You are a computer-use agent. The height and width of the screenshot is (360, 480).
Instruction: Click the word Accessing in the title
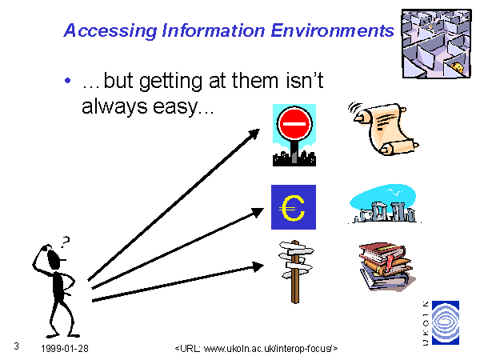(110, 31)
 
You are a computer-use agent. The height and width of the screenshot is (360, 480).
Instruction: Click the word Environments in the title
(333, 30)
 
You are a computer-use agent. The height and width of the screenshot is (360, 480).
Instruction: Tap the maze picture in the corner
(437, 43)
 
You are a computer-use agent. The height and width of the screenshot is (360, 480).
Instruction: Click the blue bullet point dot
(68, 81)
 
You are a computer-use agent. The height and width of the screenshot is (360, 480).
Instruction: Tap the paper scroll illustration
(384, 129)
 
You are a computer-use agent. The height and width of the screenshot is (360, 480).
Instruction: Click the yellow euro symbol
(292, 208)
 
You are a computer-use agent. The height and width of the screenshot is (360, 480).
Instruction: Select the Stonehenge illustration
(383, 204)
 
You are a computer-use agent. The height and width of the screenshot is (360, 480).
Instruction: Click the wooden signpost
(295, 271)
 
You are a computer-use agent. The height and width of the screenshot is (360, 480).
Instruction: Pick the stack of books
(387, 266)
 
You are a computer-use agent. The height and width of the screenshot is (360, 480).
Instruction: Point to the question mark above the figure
(65, 242)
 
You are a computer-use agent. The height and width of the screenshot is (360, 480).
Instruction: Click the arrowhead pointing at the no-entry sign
(254, 134)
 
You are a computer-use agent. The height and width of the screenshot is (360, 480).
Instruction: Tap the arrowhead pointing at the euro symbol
(257, 213)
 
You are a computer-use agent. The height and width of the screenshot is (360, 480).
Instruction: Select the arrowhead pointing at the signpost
(258, 266)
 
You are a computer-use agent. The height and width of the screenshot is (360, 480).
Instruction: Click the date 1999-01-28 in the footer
(65, 348)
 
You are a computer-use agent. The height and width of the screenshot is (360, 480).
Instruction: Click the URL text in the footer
(257, 348)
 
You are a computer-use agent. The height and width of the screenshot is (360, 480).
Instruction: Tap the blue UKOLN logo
(446, 322)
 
